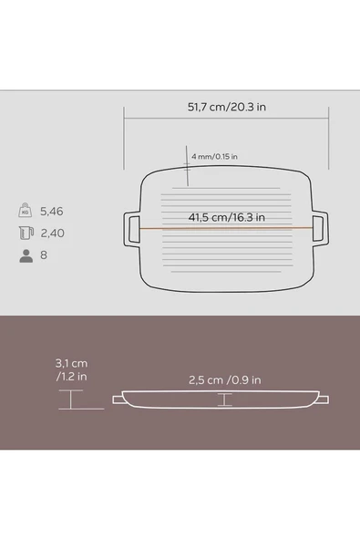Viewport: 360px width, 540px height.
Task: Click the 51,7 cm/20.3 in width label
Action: point(226,107)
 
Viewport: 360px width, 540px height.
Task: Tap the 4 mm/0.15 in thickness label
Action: point(214,156)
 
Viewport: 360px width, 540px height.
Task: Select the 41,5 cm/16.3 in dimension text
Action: point(226,217)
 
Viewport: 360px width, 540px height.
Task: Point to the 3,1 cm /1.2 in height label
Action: point(71,369)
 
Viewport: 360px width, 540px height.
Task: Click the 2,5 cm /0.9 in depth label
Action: point(225,380)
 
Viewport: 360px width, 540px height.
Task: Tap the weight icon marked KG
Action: point(26,210)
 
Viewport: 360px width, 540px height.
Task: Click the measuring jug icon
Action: point(26,233)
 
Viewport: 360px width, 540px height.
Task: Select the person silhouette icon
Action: point(26,256)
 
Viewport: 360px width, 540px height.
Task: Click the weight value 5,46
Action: point(52,211)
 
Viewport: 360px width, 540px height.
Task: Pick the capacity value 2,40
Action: point(52,234)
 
